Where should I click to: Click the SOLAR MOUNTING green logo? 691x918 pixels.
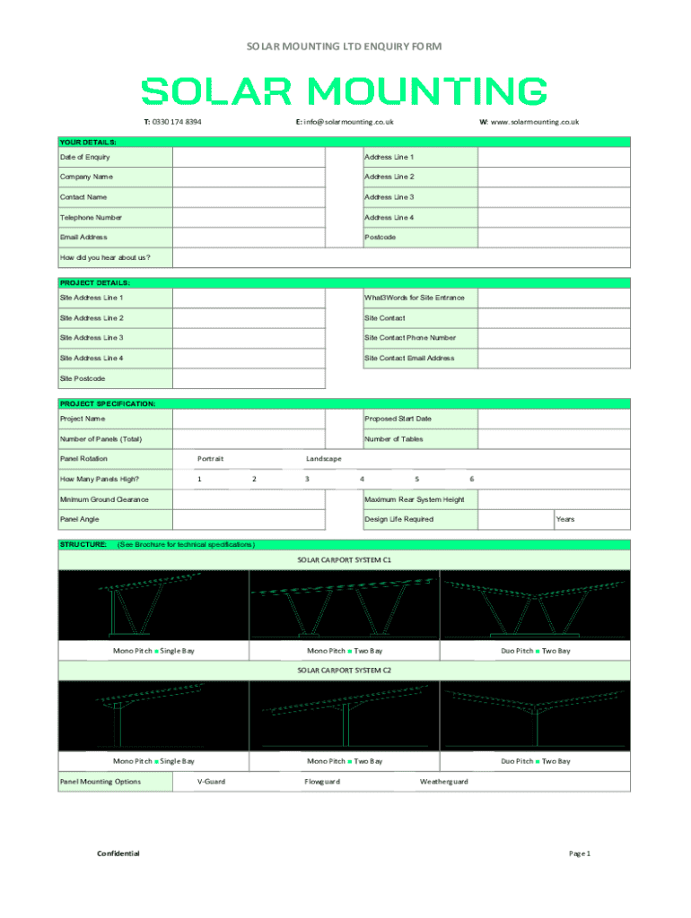point(345,91)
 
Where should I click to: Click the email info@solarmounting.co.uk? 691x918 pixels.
point(345,122)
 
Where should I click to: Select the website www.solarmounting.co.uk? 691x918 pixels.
point(529,122)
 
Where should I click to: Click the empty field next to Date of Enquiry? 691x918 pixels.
point(249,157)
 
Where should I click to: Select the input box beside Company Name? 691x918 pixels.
point(249,178)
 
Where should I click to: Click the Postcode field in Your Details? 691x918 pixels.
point(554,238)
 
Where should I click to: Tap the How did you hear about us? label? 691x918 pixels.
point(105,258)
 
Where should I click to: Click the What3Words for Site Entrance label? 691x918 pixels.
point(415,298)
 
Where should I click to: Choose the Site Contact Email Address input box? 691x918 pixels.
point(554,359)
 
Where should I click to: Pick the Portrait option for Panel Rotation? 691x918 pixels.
point(210,459)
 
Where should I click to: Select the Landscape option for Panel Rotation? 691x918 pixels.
point(323,459)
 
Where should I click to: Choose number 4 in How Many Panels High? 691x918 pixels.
point(362,479)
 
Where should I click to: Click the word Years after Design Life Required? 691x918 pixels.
point(564,520)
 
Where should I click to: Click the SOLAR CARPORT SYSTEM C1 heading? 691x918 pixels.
point(345,559)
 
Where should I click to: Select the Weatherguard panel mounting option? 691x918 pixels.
point(443,782)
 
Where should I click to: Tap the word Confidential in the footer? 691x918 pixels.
point(118,853)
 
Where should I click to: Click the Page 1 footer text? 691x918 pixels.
point(580,853)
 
